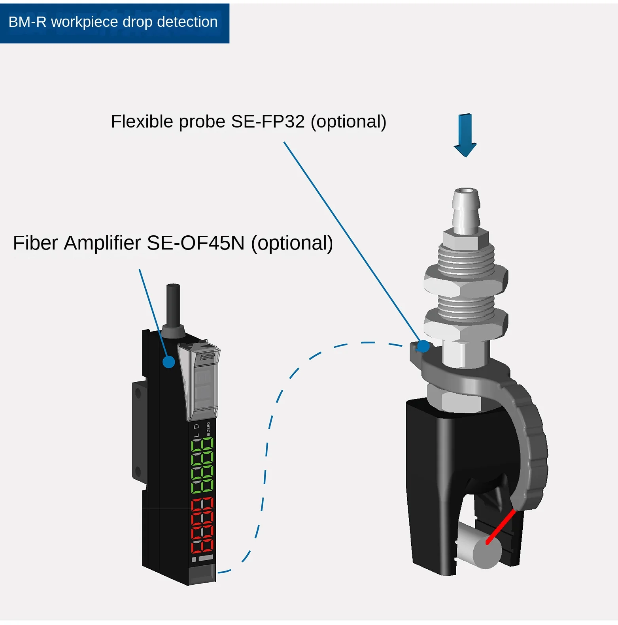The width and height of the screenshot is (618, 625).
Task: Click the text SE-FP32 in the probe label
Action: point(268,122)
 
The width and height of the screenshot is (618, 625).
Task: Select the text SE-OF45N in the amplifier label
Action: point(195,243)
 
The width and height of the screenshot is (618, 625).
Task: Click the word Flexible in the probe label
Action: point(142,122)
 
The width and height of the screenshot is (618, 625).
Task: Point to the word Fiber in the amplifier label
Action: point(35,243)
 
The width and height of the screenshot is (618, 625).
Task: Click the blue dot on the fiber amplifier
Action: point(169,362)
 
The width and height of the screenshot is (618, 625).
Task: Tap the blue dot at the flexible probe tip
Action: point(423,346)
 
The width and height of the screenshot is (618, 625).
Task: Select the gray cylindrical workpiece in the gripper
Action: point(480,549)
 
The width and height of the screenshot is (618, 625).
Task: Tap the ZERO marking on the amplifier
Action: point(208,428)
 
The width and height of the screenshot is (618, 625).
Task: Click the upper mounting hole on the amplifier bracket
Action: point(138,392)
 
